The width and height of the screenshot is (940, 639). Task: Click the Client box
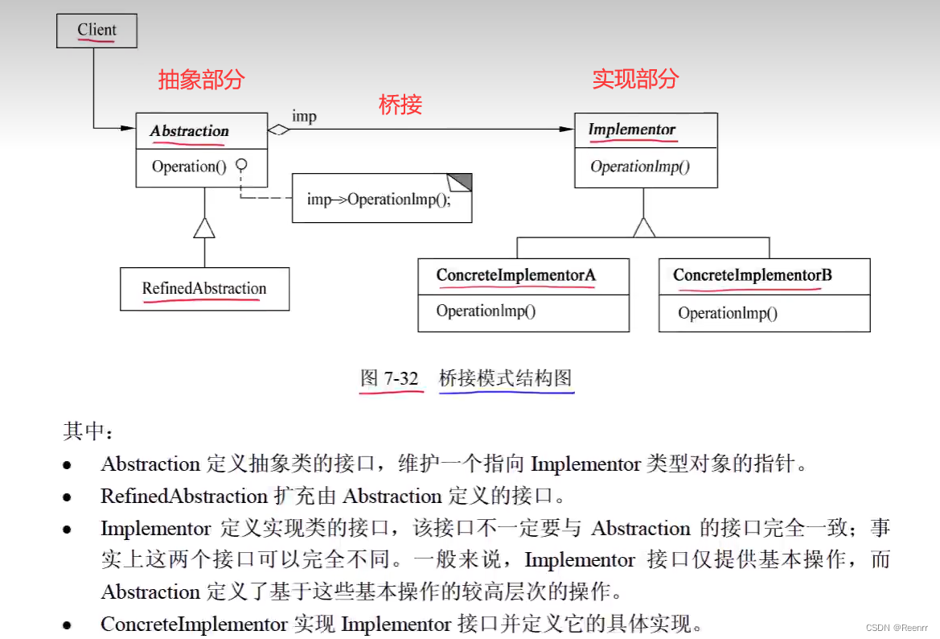pyautogui.click(x=96, y=31)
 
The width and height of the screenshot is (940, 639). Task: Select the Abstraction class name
pyautogui.click(x=190, y=131)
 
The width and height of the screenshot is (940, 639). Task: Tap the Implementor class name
pyautogui.click(x=632, y=130)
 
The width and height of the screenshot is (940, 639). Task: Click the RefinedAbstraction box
pyautogui.click(x=204, y=289)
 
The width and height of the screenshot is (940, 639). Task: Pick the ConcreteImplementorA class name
pyautogui.click(x=516, y=276)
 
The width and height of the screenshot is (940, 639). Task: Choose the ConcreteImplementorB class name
pyautogui.click(x=753, y=276)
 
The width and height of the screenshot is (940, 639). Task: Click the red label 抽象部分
pyautogui.click(x=201, y=80)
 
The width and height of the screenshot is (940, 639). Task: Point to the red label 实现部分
pyautogui.click(x=635, y=79)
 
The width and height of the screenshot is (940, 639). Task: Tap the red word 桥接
pyautogui.click(x=400, y=105)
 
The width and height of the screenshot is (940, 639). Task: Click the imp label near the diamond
pyautogui.click(x=304, y=117)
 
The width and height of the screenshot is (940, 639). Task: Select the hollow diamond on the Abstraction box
pyautogui.click(x=278, y=130)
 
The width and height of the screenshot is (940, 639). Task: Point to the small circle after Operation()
pyautogui.click(x=240, y=166)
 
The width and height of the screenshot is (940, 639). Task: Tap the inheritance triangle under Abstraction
pyautogui.click(x=204, y=228)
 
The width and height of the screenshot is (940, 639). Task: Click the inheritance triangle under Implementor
pyautogui.click(x=644, y=227)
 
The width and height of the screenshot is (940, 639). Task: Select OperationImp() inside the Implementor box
pyautogui.click(x=640, y=167)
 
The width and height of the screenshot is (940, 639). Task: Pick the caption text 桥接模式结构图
pyautogui.click(x=506, y=378)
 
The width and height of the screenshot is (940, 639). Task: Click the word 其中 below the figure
pyautogui.click(x=84, y=431)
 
